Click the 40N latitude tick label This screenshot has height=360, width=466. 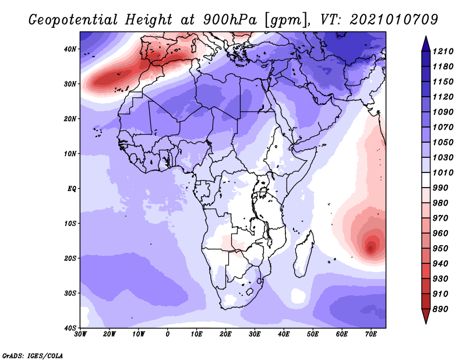70,49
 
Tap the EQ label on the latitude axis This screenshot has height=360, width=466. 72,189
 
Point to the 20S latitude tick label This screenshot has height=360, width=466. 70,258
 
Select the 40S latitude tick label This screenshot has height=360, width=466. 70,328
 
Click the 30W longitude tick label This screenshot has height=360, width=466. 80,334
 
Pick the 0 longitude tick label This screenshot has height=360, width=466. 168,334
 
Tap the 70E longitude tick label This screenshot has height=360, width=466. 371,334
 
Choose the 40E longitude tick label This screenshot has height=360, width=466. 284,334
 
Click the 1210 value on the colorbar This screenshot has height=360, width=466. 443,51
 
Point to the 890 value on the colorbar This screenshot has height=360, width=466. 440,309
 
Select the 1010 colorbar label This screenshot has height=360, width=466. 443,172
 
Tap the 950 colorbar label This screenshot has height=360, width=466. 440,249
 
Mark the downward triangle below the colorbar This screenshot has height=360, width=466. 426,316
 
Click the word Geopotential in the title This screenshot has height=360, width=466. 73,20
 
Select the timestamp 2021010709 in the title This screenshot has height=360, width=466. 394,20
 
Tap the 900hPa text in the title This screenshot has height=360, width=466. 230,20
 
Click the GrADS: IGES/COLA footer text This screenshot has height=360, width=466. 33,355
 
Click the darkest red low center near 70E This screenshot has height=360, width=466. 370,248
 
